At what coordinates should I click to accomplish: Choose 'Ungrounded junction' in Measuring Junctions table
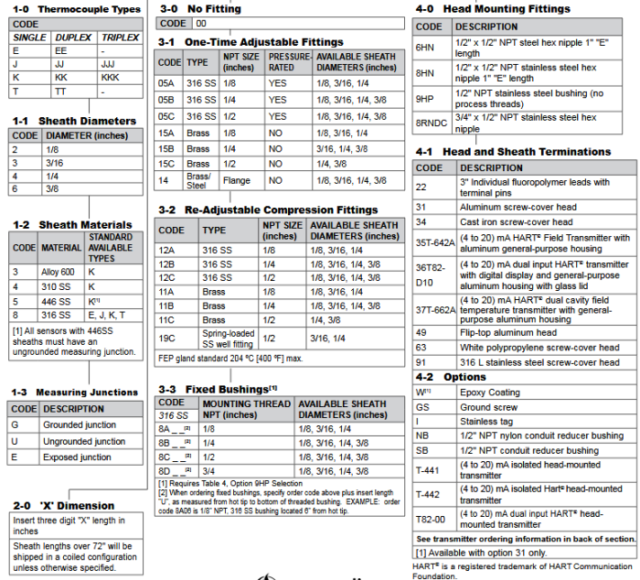[84, 441]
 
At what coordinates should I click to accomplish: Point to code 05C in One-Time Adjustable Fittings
[166, 116]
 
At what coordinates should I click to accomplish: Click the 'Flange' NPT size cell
[237, 181]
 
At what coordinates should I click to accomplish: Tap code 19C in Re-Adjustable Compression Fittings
[166, 338]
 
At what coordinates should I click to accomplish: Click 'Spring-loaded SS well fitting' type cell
[229, 338]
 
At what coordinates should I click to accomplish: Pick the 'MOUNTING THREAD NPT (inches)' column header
[246, 409]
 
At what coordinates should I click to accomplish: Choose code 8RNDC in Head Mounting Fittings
[431, 123]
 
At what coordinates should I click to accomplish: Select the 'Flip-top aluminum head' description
[507, 333]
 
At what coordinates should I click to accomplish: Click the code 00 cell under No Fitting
[200, 23]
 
